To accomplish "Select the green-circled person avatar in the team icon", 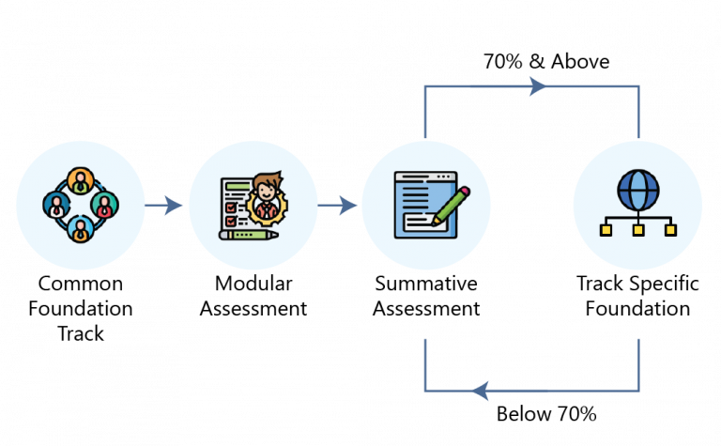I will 105,203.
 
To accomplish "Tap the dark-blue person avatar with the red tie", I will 55,204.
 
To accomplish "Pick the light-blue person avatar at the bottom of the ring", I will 80,228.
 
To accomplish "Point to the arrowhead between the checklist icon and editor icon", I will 348,206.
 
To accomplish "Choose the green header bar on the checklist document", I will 238,186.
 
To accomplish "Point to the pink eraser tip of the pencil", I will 464,191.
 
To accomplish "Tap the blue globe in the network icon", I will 637,190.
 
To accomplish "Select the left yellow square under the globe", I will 606,230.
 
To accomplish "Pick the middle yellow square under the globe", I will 637,230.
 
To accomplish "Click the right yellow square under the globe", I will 670,230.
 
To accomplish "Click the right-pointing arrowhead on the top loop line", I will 538,86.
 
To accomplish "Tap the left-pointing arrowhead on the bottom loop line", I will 480,390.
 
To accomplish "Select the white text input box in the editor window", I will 419,219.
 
